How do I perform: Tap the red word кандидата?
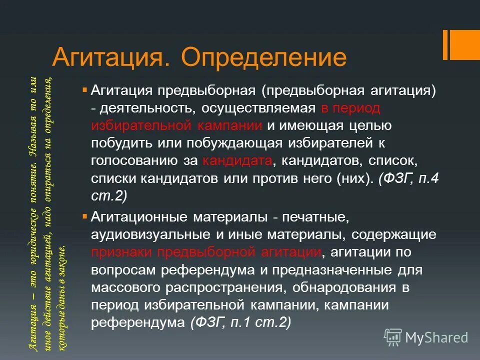click(x=238, y=161)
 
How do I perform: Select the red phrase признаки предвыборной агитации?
click(x=206, y=252)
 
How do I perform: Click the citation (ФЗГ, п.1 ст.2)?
click(x=240, y=322)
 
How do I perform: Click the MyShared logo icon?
click(x=393, y=336)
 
